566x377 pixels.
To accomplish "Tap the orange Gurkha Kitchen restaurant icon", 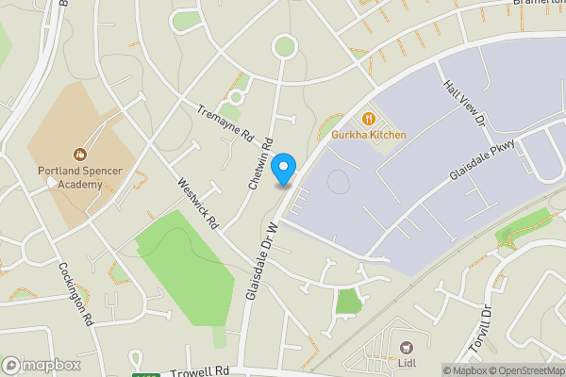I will (369, 119).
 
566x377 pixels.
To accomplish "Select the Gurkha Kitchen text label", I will (369, 135).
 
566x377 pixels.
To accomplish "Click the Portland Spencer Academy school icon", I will (80, 153).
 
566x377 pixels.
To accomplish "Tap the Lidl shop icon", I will (407, 348).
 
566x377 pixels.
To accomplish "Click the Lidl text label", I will (407, 364).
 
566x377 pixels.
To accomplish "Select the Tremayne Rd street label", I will (226, 123).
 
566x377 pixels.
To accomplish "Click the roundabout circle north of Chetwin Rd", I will (284, 45).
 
